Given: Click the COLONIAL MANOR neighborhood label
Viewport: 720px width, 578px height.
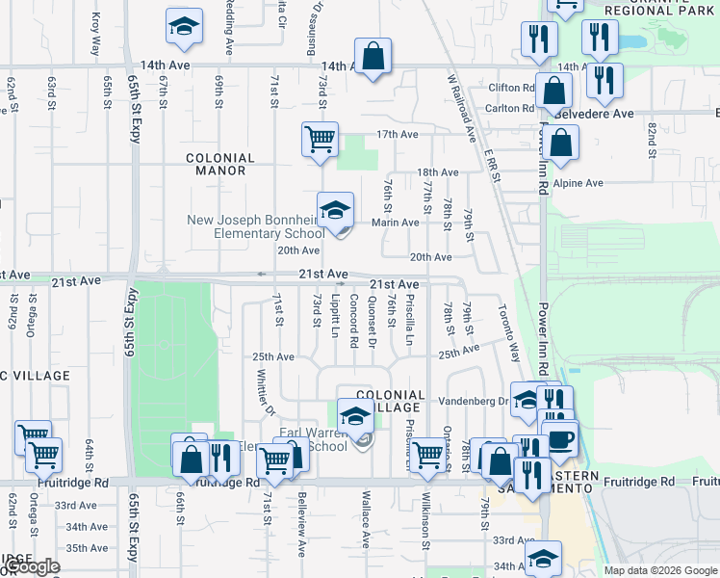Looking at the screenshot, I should (220, 164).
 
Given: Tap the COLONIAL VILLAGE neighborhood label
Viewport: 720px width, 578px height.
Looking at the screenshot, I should (390, 401).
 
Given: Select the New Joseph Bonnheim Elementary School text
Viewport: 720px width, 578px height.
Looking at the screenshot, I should (256, 226).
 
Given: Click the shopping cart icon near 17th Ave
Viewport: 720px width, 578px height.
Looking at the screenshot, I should (319, 138).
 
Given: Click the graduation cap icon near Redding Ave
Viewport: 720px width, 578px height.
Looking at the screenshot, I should (184, 28).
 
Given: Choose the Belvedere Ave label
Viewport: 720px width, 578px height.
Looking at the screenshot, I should (596, 114).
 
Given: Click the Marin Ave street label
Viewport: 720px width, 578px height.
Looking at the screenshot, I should (396, 223).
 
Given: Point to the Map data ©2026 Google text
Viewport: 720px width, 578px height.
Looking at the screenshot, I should (659, 570).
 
